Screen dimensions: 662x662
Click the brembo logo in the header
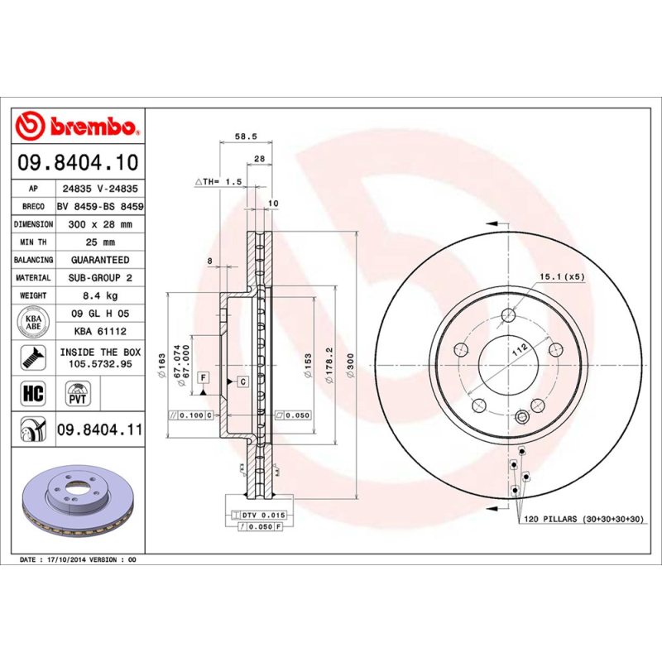click(79, 127)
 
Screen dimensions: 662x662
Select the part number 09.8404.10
click(79, 163)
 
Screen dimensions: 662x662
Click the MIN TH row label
click(34, 242)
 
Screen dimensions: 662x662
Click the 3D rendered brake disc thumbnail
click(79, 506)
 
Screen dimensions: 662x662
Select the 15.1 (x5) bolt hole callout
click(563, 276)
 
